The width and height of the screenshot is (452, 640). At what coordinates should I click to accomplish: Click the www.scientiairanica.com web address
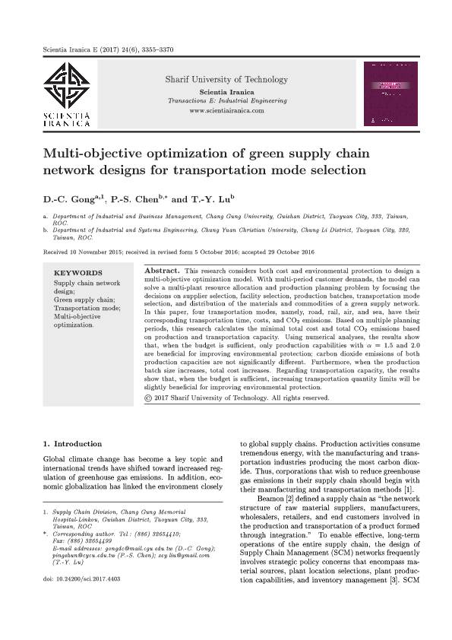click(x=226, y=111)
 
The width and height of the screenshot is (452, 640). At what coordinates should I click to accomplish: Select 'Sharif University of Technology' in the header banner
click(x=226, y=80)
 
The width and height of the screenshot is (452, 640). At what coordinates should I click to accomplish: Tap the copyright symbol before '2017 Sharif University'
click(x=147, y=397)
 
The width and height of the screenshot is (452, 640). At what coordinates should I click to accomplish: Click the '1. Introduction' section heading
click(x=72, y=443)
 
